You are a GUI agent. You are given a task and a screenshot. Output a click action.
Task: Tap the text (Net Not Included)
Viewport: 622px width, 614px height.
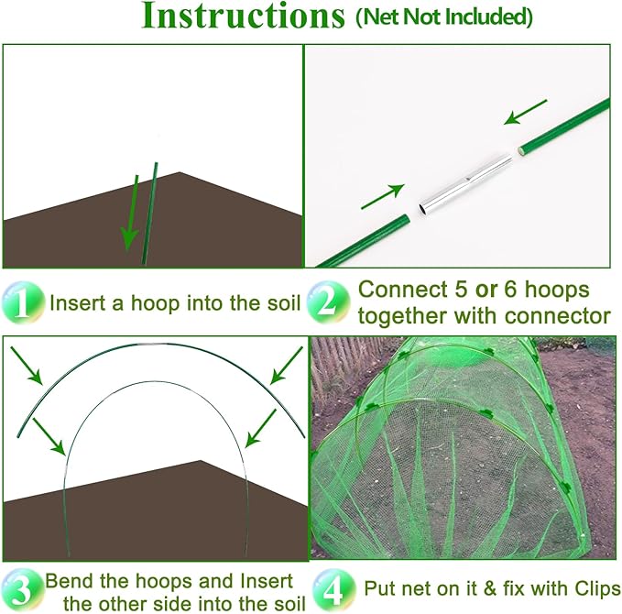[x=442, y=17]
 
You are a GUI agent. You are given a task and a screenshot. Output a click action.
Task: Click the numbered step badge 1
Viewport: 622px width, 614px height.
[x=22, y=302]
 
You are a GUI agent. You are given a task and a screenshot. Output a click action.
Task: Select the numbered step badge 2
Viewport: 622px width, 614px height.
[x=327, y=302]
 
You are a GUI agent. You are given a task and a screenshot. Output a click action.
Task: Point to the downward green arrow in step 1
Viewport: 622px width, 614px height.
[x=130, y=211]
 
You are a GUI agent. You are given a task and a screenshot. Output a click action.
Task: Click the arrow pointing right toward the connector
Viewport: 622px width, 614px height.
[x=385, y=194]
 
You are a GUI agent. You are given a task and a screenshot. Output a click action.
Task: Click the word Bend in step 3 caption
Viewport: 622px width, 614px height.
[x=68, y=581]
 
